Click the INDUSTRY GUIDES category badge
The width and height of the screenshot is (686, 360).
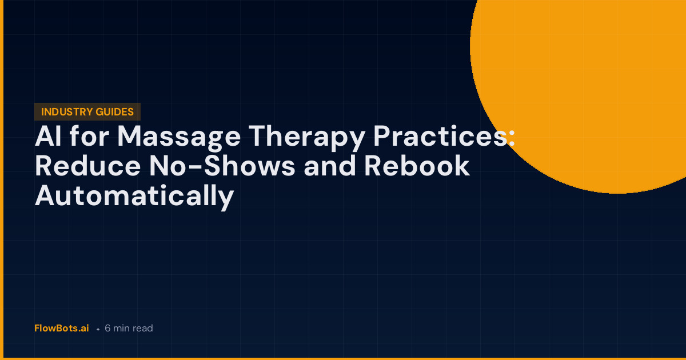pos(87,112)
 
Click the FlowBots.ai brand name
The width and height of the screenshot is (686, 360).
pos(62,329)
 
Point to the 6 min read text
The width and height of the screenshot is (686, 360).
pos(129,329)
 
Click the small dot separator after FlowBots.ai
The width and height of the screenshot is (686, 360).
pos(98,330)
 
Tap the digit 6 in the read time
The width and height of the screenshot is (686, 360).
pos(107,329)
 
